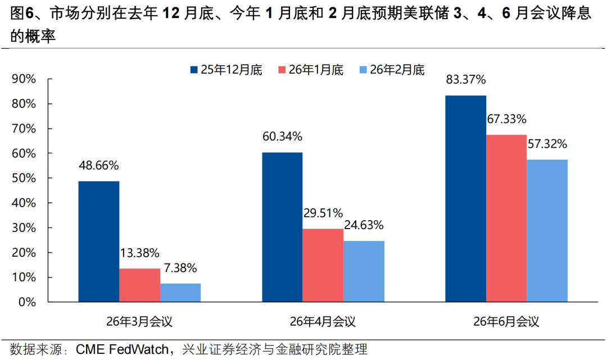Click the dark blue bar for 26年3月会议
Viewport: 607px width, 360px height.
click(x=99, y=241)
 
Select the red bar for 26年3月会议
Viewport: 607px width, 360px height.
click(x=139, y=285)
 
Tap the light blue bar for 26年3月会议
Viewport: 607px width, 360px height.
click(x=180, y=293)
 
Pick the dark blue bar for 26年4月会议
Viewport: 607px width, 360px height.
click(x=282, y=227)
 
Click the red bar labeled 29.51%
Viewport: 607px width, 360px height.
click(x=323, y=265)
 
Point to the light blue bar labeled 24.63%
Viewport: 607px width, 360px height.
click(x=364, y=271)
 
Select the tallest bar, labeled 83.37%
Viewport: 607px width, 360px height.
click(x=465, y=199)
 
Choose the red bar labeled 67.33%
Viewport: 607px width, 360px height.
click(x=506, y=218)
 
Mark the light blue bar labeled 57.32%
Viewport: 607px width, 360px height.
click(x=547, y=231)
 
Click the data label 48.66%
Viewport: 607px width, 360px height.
click(x=99, y=166)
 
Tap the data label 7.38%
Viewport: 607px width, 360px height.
click(x=180, y=268)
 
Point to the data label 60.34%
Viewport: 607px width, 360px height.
click(x=282, y=136)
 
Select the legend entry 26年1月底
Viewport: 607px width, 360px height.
click(x=310, y=70)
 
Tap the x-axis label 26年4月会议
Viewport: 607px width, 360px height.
click(x=323, y=322)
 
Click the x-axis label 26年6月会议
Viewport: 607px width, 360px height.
click(x=506, y=322)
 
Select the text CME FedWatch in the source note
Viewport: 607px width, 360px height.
click(x=120, y=350)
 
